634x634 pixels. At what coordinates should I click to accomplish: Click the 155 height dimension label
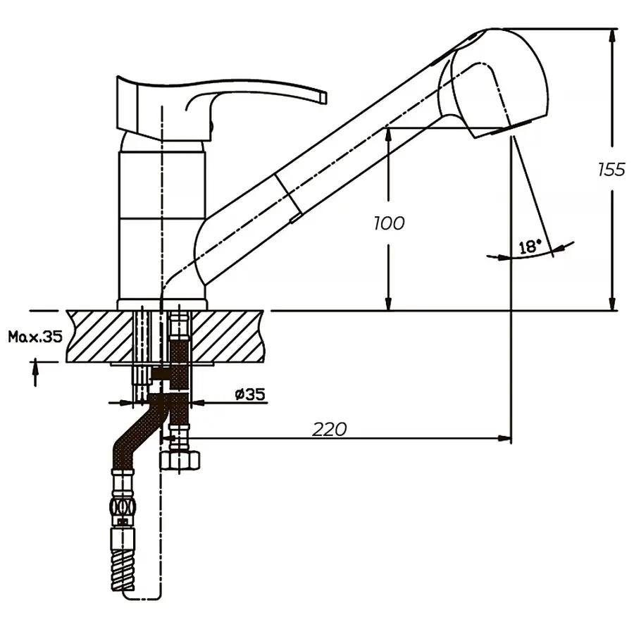611,170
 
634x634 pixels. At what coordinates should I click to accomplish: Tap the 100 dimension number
389,223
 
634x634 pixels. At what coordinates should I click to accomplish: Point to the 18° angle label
530,247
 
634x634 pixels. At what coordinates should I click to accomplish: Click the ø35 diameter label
250,394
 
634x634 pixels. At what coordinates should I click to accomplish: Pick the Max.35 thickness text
35,336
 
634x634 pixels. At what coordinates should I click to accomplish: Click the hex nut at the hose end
180,461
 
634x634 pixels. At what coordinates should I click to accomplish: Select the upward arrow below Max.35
35,373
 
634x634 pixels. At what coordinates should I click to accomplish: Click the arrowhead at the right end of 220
505,438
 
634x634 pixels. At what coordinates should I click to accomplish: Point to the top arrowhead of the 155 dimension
611,35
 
